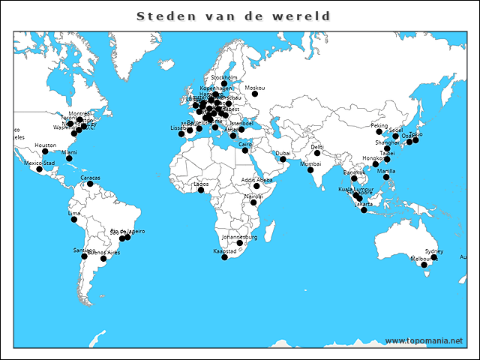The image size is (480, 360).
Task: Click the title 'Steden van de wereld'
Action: [234, 16]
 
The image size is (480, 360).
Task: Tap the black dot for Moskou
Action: [255, 94]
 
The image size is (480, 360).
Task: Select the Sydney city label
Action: [434, 251]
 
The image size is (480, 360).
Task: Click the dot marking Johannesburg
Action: [240, 243]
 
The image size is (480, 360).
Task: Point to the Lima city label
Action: [73, 213]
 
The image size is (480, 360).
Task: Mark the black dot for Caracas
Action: [90, 184]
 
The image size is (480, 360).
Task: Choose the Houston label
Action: [45, 145]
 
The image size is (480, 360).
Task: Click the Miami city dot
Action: [69, 158]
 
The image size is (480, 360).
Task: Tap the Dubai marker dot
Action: [283, 159]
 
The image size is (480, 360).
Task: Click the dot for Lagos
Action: [201, 190]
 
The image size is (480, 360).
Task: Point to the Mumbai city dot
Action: [310, 170]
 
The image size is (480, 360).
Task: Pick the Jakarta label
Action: [364, 203]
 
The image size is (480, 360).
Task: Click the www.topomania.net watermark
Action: [424, 340]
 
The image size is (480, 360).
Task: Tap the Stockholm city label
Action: [224, 77]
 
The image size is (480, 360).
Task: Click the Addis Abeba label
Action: [257, 180]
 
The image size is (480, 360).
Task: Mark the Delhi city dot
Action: [317, 153]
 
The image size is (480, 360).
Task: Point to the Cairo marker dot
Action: [245, 150]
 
